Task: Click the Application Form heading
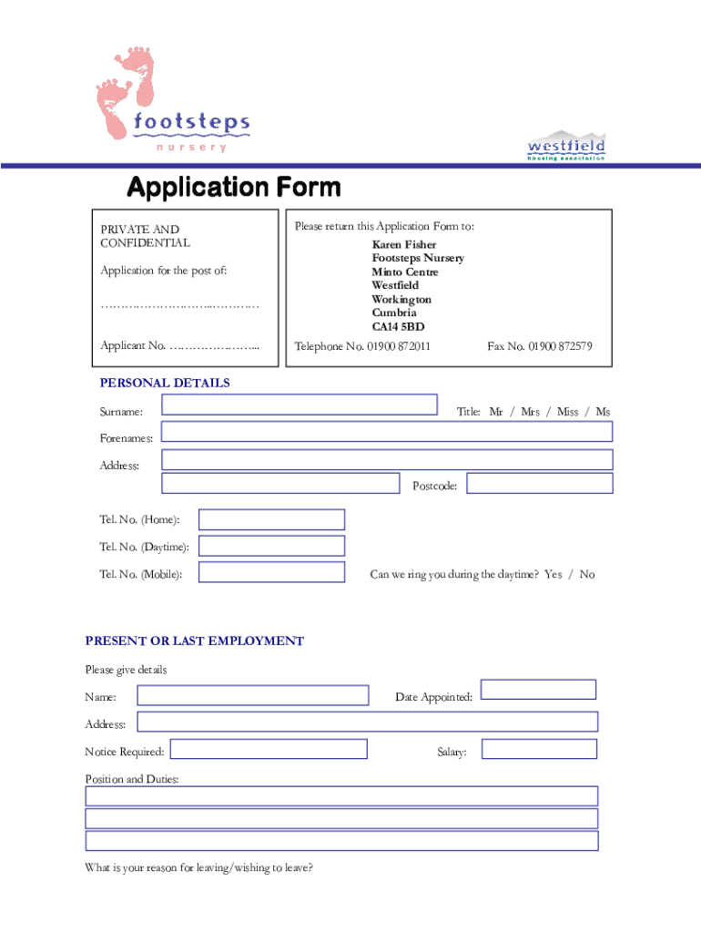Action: click(233, 188)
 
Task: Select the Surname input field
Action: click(300, 405)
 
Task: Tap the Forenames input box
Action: click(387, 431)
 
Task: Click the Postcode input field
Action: click(540, 483)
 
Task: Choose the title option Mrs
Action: click(530, 412)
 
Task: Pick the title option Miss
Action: click(567, 412)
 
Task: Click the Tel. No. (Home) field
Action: click(271, 519)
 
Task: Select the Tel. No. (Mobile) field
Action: click(271, 572)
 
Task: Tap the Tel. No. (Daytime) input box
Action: click(271, 546)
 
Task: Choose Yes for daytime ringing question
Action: click(554, 575)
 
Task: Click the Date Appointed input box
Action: click(538, 690)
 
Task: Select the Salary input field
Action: click(539, 749)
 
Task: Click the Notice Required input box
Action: click(269, 749)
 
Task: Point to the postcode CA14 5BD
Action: click(398, 326)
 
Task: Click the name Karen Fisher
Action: click(403, 245)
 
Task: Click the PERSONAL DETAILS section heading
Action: click(165, 383)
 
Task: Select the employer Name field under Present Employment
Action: click(253, 695)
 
